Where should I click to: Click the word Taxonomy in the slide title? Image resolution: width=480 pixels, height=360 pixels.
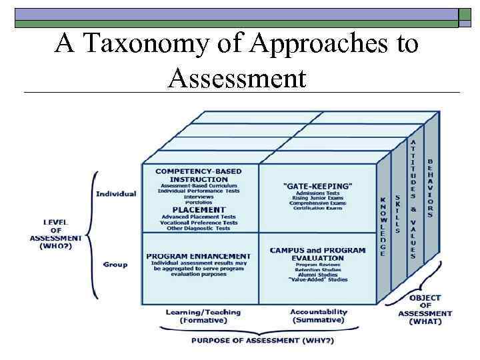141,44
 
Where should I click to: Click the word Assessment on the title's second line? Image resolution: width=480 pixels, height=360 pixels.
237,78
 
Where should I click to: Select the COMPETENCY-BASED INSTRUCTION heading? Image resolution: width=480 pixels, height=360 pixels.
199,175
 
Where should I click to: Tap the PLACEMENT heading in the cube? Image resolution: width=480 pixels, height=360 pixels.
199,209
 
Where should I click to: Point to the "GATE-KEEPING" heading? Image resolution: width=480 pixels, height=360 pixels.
317,185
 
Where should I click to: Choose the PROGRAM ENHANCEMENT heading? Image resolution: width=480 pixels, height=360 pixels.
199,256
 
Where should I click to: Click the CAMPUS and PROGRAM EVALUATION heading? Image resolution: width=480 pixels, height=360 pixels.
317,254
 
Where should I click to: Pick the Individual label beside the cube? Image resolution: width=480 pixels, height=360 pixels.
116,194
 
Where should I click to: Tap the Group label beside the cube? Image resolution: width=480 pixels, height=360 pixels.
115,265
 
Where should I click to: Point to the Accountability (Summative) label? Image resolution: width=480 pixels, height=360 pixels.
318,316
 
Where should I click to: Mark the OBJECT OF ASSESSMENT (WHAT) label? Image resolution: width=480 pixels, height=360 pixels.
425,309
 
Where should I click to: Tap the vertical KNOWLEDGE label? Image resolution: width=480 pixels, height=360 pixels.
383,227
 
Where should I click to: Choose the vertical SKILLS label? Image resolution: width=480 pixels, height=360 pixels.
398,213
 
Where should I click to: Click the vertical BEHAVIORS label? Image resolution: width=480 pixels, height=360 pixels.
430,188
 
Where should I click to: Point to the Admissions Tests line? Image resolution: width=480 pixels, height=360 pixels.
317,194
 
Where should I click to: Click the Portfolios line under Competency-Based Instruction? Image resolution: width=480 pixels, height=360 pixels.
198,203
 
